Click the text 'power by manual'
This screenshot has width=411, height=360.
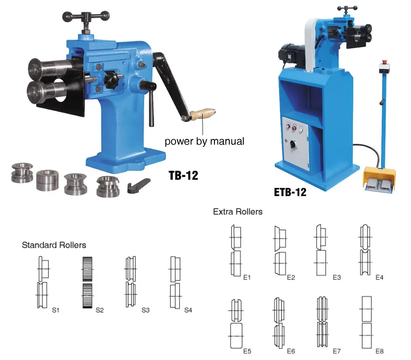pyautogui.click(x=204, y=142)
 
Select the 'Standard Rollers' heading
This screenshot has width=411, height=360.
pyautogui.click(x=54, y=245)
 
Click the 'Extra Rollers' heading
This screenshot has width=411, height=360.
pyautogui.click(x=238, y=212)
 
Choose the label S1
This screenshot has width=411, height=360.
pyautogui.click(x=55, y=310)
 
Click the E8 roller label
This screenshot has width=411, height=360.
pyautogui.click(x=379, y=351)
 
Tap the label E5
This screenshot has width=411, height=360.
pyautogui.click(x=248, y=351)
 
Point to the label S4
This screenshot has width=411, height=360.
pyautogui.click(x=188, y=310)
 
